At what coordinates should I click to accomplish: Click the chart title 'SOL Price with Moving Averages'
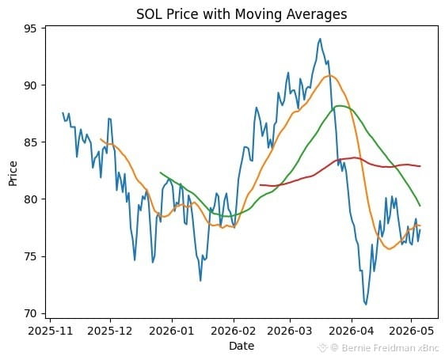coord(242,14)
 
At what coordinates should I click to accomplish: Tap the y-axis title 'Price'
coord(13,173)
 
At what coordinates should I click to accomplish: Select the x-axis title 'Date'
coord(242,346)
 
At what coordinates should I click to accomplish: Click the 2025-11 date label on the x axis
coord(50,331)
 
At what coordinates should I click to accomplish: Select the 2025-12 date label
coord(110,331)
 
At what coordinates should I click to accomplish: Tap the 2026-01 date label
coord(172,331)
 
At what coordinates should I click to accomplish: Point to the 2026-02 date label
coord(234,331)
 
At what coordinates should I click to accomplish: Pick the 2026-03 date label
coord(290,331)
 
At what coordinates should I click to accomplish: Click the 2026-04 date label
coord(352,331)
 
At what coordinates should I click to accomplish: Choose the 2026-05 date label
coord(411,331)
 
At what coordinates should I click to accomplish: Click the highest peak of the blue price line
coord(320,39)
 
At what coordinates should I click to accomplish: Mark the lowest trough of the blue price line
coord(366,305)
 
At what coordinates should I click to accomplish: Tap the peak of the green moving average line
coord(340,106)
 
